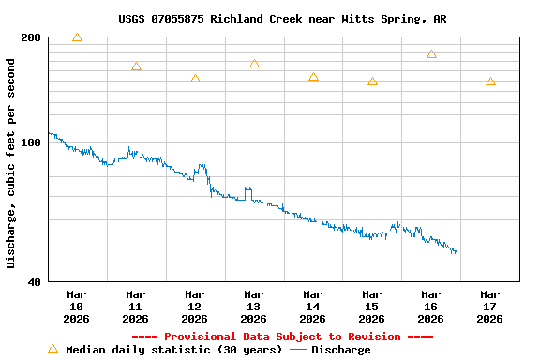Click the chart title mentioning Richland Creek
(282, 19)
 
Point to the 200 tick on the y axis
(31, 37)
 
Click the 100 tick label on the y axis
(31, 142)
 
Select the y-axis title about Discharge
(11, 163)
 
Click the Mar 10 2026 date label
(77, 306)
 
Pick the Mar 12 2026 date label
(195, 306)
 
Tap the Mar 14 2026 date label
(313, 306)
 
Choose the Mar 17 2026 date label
(489, 306)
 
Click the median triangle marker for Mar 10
(77, 37)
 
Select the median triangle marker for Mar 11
(136, 67)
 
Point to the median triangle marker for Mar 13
(254, 64)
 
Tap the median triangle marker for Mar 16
(431, 54)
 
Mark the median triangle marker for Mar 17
(490, 82)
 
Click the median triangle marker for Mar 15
(372, 82)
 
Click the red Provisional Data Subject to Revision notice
(282, 337)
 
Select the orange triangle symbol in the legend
(52, 349)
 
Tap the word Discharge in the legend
(340, 350)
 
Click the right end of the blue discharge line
(456, 252)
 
